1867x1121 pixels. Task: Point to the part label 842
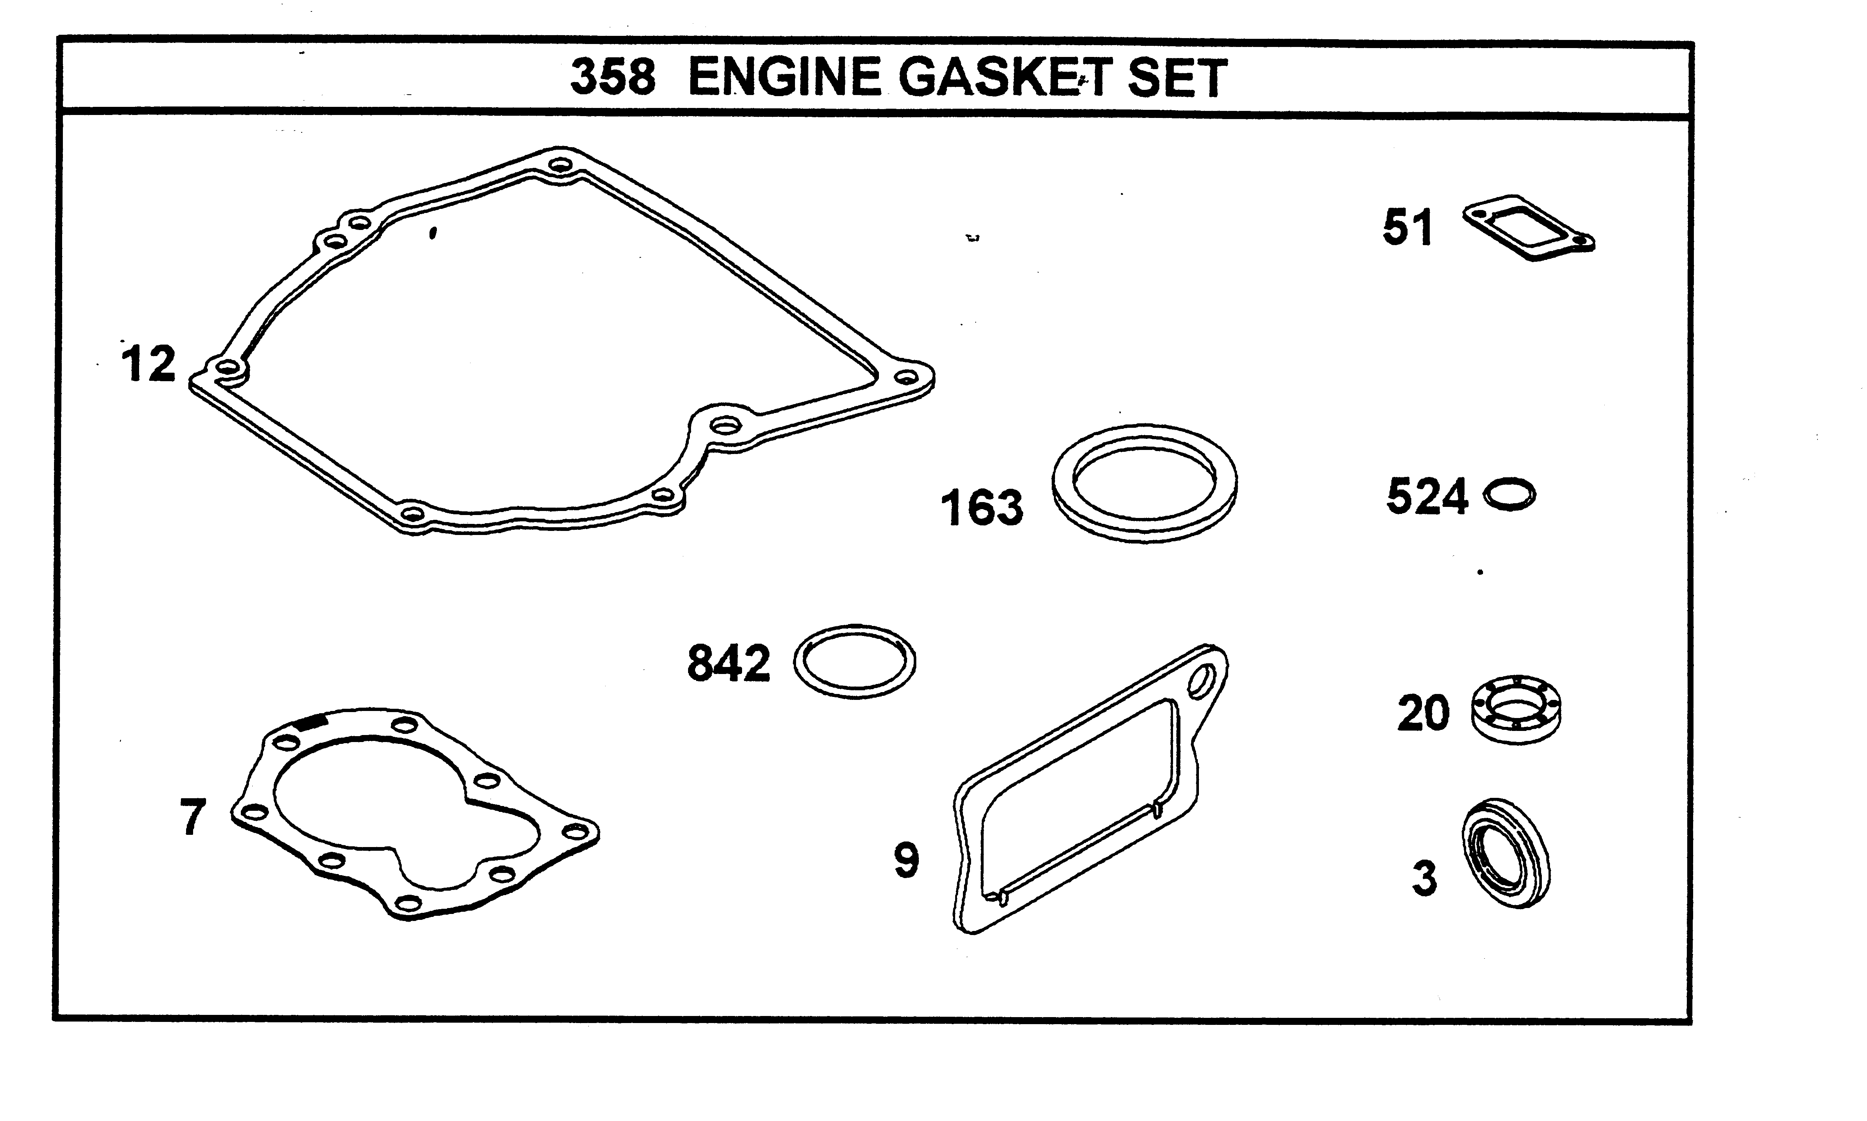point(728,663)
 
